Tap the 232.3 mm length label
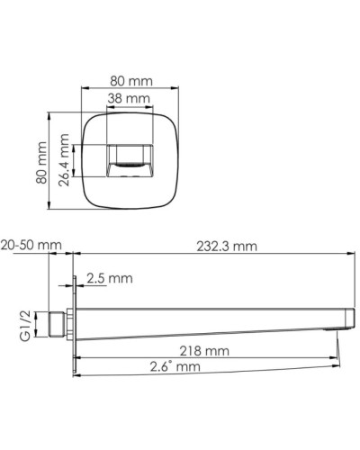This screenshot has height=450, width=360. point(226,246)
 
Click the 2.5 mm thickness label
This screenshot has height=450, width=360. point(110,280)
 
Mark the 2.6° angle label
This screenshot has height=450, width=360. point(175,366)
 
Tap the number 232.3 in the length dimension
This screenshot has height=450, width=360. point(213,246)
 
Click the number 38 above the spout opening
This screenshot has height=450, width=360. point(118,98)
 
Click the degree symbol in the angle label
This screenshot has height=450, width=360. point(172,363)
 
